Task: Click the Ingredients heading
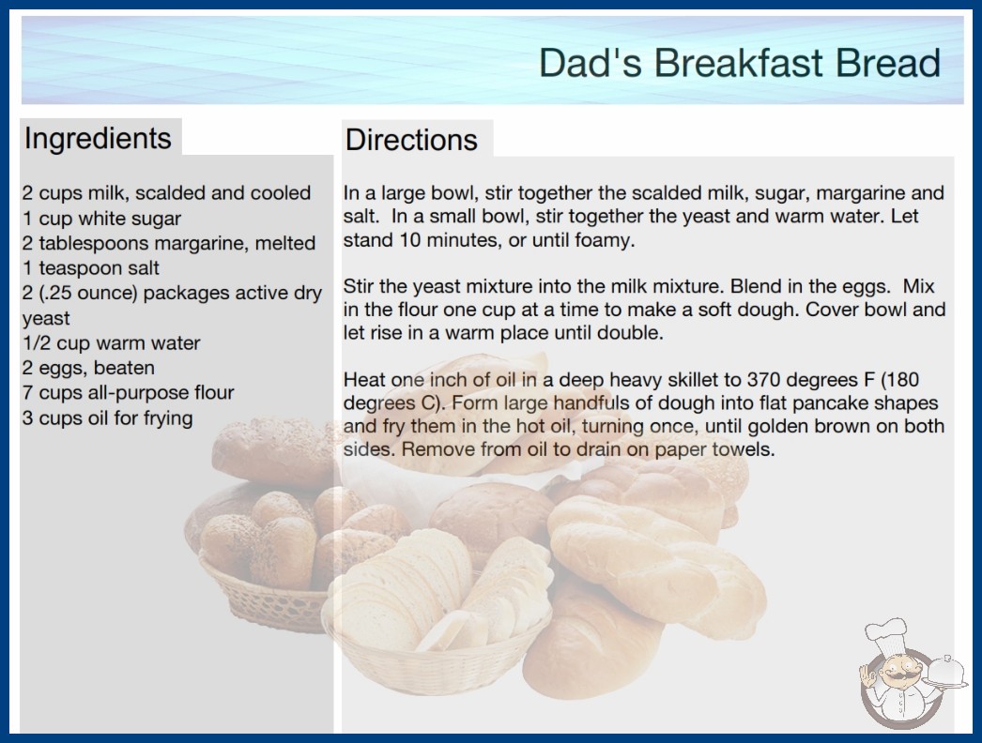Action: coord(98,139)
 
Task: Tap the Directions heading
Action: coord(411,140)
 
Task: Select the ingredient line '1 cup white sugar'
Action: coord(101,218)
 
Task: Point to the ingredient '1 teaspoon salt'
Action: coord(91,268)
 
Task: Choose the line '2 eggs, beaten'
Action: coord(88,368)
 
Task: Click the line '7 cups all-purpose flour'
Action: coord(129,392)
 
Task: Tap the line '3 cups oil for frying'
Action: coord(107,418)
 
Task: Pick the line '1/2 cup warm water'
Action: coord(112,343)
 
